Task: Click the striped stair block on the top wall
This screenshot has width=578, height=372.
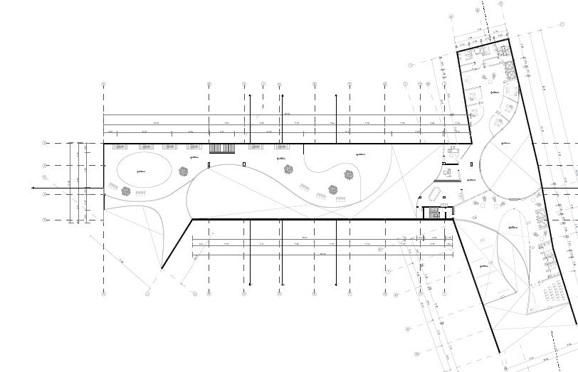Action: coord(221,148)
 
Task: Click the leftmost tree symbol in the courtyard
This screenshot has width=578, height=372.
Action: coord(126,191)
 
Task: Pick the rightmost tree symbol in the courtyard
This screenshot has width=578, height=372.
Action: coord(349,174)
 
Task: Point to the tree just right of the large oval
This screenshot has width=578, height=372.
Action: coord(184,171)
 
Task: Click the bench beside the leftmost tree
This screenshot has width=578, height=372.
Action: coord(140,193)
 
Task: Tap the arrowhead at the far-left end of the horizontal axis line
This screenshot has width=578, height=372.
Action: coord(33,188)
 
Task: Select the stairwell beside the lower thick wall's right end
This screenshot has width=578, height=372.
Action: coord(432,212)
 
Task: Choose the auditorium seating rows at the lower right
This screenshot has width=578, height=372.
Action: coord(552,293)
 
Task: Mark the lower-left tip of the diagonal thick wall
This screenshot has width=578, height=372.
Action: coord(162,269)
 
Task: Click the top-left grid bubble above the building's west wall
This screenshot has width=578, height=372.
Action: coord(104,84)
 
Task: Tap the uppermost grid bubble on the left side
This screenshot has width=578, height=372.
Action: coord(44,143)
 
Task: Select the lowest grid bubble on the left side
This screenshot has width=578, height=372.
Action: coord(44,220)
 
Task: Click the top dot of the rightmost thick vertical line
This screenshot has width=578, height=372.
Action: coord(336,95)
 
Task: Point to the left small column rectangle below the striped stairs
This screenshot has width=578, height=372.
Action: coord(209,165)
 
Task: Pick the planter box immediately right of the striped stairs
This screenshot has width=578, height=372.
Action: coord(254,147)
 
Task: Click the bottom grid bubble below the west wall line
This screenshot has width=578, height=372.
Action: coord(104,292)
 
